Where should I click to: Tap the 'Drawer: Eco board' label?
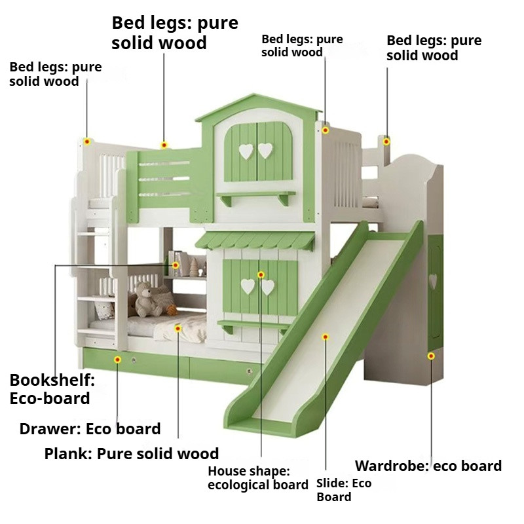pyautogui.click(x=90, y=429)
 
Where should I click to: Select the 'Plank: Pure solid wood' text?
pyautogui.click(x=132, y=453)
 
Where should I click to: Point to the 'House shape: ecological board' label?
pyautogui.click(x=257, y=477)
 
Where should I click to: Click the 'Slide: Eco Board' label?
pyautogui.click(x=344, y=490)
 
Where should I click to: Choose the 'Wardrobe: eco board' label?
pyautogui.click(x=428, y=466)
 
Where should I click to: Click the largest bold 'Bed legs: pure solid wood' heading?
pyautogui.click(x=175, y=33)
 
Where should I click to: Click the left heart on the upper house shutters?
pyautogui.click(x=246, y=151)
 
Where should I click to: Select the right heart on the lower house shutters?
pyautogui.click(x=268, y=286)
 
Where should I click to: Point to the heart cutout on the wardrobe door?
pyautogui.click(x=432, y=280)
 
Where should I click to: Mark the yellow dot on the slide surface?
pyautogui.click(x=325, y=337)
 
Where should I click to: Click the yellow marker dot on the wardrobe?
pyautogui.click(x=431, y=356)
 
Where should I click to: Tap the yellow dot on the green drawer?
pyautogui.click(x=117, y=360)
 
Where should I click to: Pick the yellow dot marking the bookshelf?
pyautogui.click(x=176, y=265)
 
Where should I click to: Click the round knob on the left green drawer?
pyautogui.click(x=136, y=361)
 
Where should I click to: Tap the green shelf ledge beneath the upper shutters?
pyautogui.click(x=257, y=195)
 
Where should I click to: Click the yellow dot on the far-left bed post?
pyautogui.click(x=87, y=141)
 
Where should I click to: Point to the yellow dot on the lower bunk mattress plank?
pyautogui.click(x=178, y=328)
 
